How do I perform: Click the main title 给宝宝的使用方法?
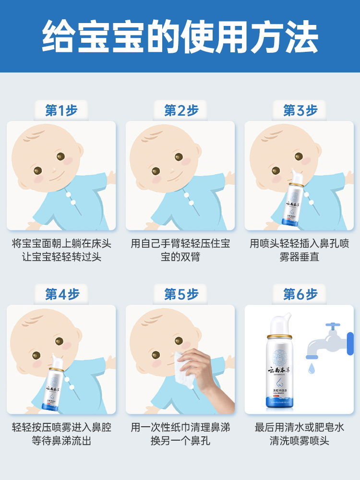click(180, 36)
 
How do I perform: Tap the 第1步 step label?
click(62, 110)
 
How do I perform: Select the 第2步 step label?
click(181, 110)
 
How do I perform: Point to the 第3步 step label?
click(300, 110)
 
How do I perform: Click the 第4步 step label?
click(62, 294)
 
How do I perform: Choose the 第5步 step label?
click(181, 294)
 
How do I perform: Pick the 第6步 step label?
click(300, 294)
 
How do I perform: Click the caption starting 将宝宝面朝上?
click(61, 250)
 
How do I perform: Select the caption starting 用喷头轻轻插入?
click(300, 250)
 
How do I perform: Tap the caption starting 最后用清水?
click(300, 434)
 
